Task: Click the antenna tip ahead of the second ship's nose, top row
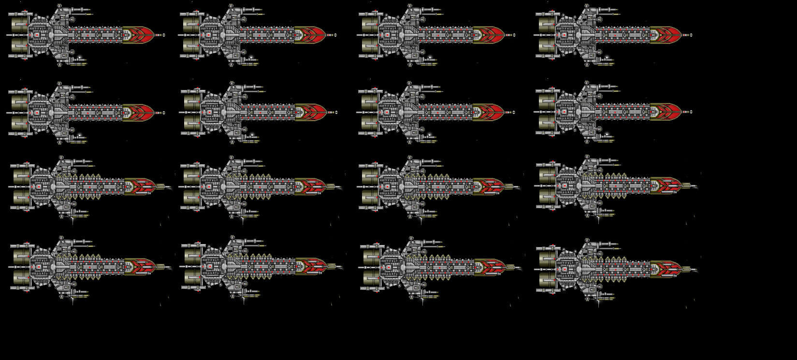(334, 35)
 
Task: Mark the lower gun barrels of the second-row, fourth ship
(608, 141)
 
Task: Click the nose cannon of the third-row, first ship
(165, 187)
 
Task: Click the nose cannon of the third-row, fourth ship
(691, 187)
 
